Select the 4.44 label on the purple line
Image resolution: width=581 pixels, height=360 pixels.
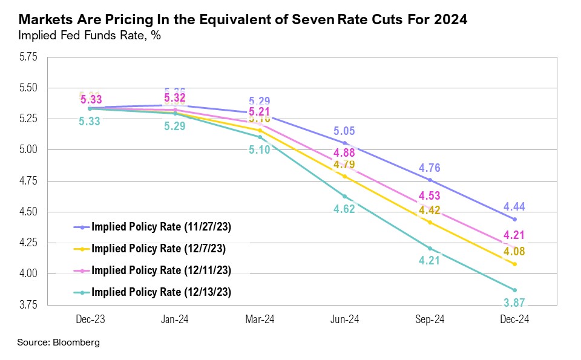[x=514, y=206]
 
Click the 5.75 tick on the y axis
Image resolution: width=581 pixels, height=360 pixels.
[x=28, y=57]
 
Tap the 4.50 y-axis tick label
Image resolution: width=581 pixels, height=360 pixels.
[x=28, y=212]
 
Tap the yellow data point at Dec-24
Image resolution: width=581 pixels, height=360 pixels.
[x=514, y=264]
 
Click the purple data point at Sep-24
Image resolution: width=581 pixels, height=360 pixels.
[x=430, y=180]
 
